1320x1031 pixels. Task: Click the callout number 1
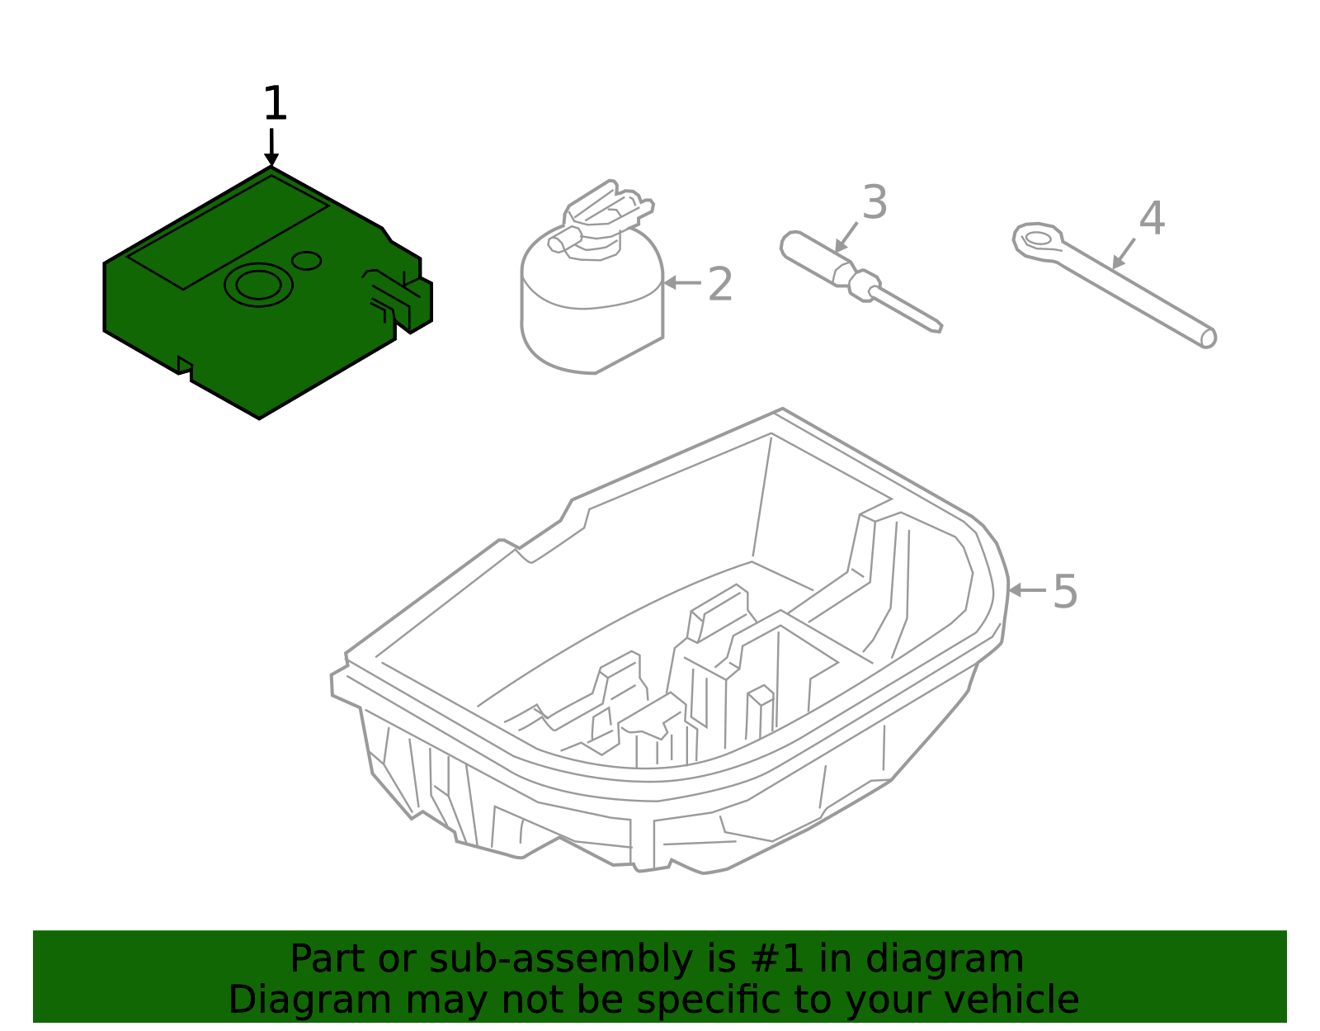click(x=275, y=105)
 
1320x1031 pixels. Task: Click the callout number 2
click(x=720, y=285)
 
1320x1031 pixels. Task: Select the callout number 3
click(x=874, y=203)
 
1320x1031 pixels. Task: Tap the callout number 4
click(x=1152, y=220)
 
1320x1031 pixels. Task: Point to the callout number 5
click(x=1065, y=593)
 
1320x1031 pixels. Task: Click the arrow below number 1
click(x=271, y=148)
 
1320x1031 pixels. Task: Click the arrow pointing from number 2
click(x=682, y=283)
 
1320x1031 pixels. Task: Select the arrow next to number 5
click(x=1025, y=590)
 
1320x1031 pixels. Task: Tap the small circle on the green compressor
click(x=307, y=261)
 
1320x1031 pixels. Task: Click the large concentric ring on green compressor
click(x=258, y=285)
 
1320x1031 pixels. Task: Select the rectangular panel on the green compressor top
click(x=228, y=233)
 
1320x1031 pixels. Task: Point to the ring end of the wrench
click(x=1038, y=239)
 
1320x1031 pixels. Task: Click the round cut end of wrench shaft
click(x=1208, y=338)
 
